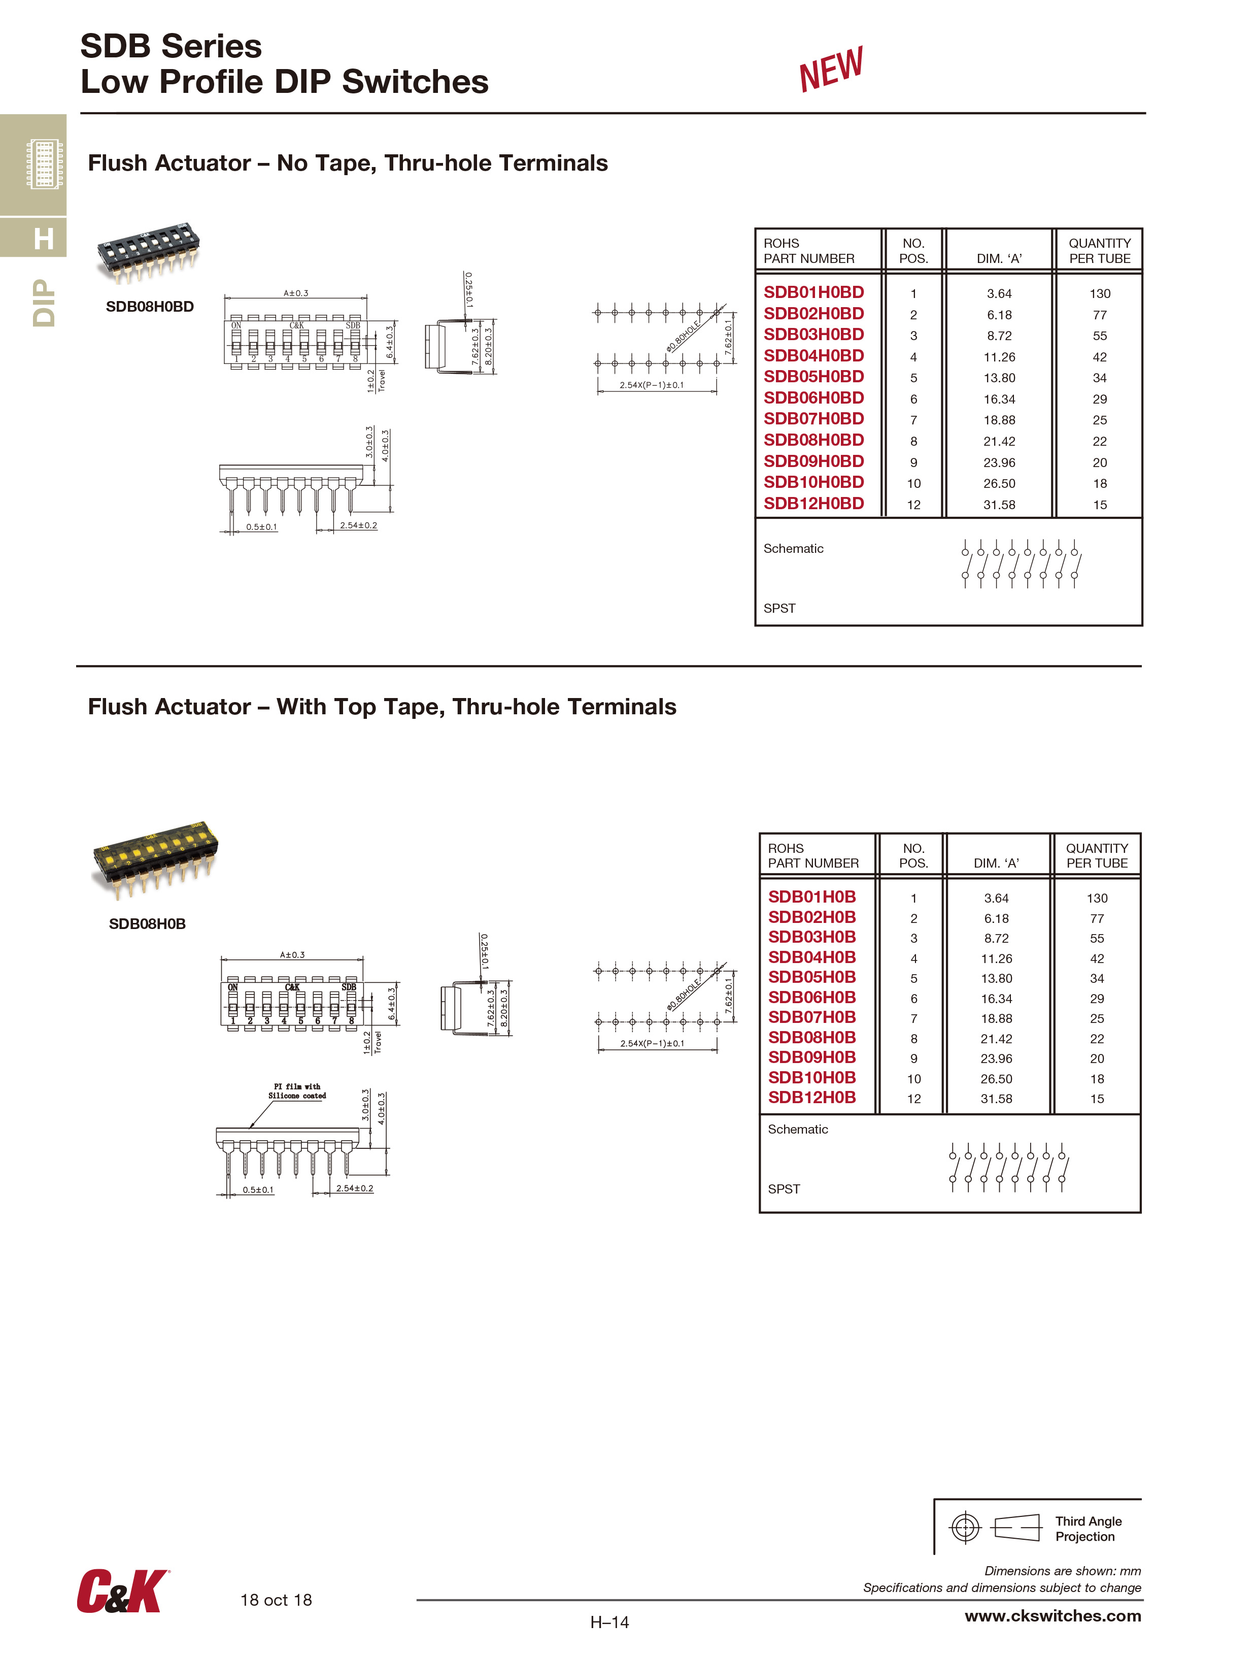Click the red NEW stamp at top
click(830, 69)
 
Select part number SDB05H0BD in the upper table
click(813, 377)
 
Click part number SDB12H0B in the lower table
click(811, 1098)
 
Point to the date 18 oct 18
click(276, 1600)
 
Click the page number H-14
click(609, 1622)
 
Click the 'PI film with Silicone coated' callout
click(297, 1091)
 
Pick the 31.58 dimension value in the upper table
click(999, 505)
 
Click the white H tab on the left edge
click(44, 239)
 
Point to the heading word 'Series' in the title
click(212, 46)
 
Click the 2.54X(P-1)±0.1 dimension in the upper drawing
click(651, 385)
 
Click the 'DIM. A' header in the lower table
click(996, 863)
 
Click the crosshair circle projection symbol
click(965, 1527)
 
